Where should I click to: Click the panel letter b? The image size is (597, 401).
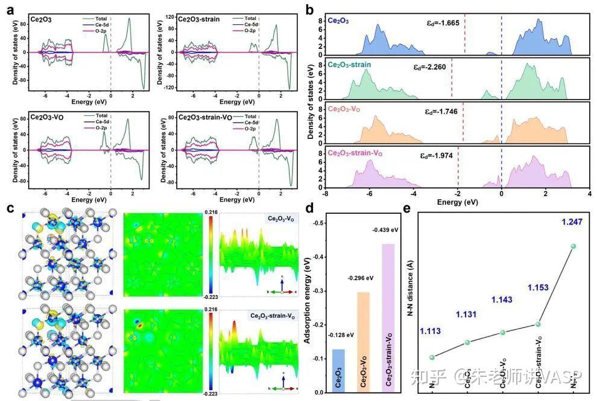309,10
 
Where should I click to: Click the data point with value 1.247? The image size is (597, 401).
573,246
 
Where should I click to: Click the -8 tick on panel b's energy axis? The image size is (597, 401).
325,194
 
